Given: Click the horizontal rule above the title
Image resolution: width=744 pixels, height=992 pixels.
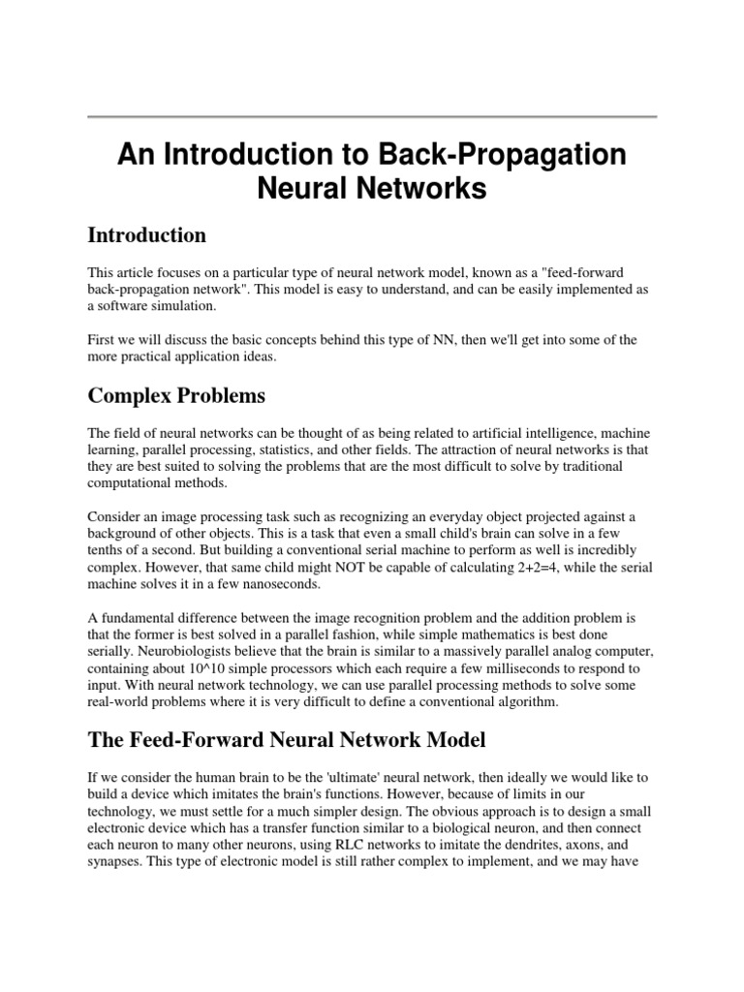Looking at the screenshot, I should click(372, 117).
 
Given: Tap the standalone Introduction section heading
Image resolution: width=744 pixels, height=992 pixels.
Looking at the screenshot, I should click(146, 235).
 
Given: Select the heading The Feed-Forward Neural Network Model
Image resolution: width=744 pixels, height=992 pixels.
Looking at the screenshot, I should click(286, 740).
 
